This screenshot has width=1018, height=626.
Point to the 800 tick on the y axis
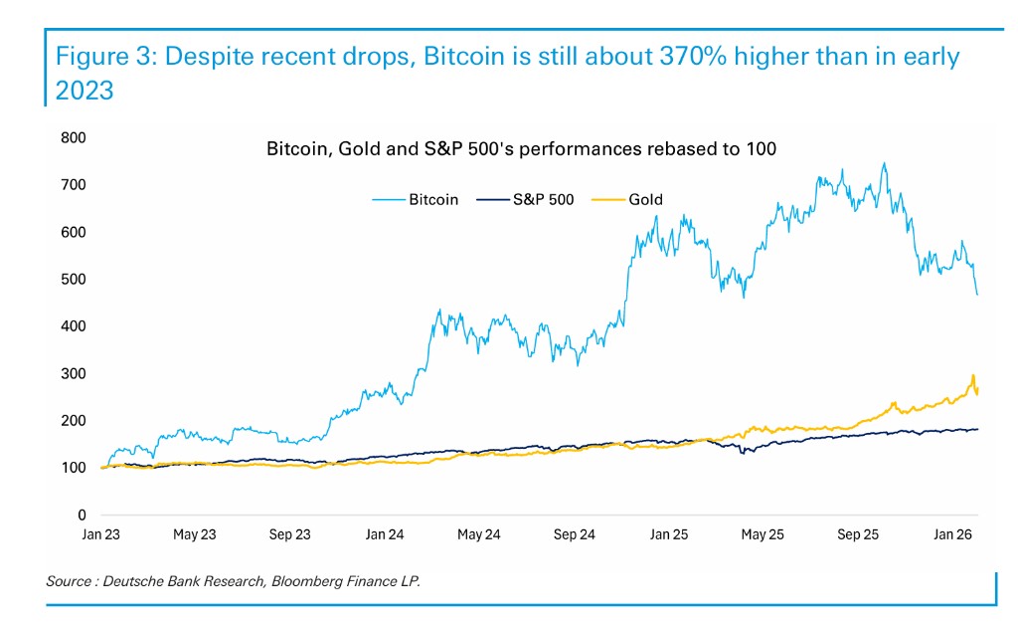72,137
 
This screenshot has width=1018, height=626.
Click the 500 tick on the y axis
72,280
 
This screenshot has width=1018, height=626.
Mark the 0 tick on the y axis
83,516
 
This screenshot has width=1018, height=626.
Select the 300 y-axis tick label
72,374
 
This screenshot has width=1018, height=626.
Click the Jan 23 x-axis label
100,534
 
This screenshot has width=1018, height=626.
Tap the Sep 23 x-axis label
289,534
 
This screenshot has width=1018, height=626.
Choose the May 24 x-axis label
478,534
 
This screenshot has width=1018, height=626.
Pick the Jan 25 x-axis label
668,534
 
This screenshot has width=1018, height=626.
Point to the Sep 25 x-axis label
857,534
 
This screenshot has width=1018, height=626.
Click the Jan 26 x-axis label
951,534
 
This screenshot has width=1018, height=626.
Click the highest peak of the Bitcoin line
884,163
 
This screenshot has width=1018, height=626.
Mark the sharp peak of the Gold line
972,375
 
